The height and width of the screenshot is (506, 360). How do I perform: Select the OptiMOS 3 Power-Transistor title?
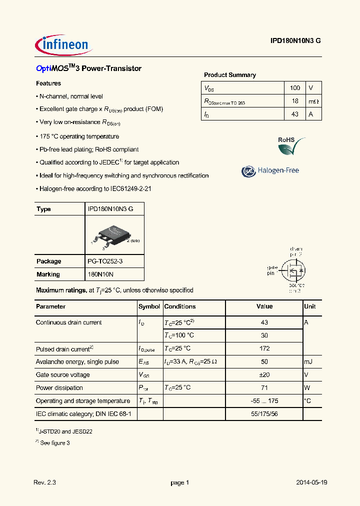click(88, 68)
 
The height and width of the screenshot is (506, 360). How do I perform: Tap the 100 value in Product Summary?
click(295, 88)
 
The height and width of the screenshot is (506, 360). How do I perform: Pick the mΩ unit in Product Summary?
click(313, 101)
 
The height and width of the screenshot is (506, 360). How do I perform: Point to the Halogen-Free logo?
click(270, 171)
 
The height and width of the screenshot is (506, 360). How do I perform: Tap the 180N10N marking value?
click(100, 274)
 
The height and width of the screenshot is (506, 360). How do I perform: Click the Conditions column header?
click(180, 306)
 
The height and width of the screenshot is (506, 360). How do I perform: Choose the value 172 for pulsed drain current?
click(264, 348)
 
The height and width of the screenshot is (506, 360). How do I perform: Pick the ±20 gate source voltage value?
click(264, 374)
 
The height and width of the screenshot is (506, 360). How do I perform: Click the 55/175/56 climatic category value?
click(264, 414)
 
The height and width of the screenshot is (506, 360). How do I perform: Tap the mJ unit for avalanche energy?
click(308, 361)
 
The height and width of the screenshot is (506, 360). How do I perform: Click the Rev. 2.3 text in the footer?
click(44, 482)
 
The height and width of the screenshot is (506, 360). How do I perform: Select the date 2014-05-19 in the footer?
click(311, 482)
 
